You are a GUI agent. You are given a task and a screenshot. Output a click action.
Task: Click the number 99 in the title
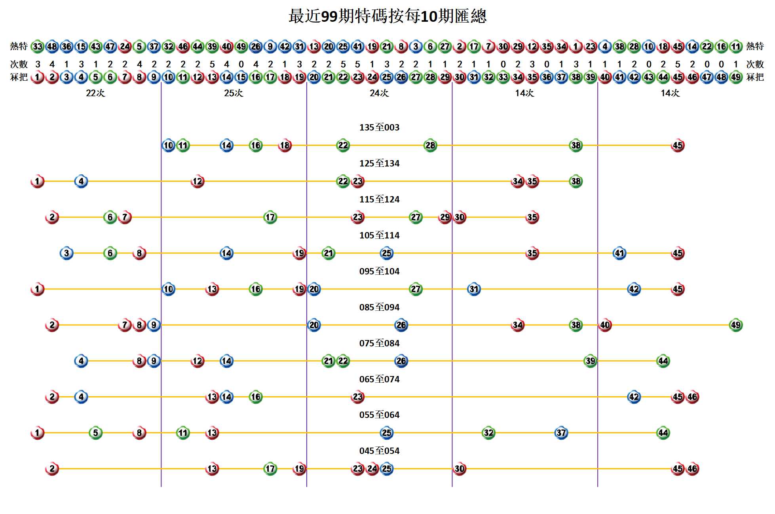pos(329,17)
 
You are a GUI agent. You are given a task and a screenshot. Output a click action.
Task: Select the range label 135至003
pos(379,127)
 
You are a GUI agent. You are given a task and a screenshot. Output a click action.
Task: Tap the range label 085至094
pos(379,307)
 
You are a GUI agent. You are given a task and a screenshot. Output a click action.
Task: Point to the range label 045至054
pos(379,451)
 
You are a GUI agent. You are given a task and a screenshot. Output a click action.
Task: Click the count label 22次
pos(95,93)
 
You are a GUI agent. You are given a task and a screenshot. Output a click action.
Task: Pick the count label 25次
pos(234,93)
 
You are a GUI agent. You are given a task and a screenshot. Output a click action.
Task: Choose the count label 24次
pos(379,93)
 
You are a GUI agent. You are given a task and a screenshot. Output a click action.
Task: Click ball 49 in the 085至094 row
pos(735,325)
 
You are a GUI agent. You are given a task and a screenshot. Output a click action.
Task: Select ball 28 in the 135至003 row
pos(430,146)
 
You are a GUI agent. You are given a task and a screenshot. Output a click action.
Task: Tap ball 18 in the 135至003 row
pos(285,146)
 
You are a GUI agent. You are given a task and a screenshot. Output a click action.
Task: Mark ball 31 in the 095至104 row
pos(474,289)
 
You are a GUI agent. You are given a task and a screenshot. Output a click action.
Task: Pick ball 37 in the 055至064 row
pos(561,433)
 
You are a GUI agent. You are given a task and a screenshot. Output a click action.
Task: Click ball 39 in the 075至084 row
pos(590,361)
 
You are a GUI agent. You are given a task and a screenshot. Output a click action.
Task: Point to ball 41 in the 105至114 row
pos(619,253)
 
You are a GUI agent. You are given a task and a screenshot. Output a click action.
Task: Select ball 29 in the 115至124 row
pos(445,217)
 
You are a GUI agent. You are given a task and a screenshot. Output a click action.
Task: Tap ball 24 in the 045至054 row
pos(372,469)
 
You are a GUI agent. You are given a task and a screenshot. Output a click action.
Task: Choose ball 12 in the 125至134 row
pos(198,181)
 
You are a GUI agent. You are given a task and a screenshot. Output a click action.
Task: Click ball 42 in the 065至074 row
pos(634,397)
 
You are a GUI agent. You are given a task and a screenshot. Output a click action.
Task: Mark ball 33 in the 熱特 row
pos(38,46)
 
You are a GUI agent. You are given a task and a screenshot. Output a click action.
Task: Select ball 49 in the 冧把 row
pos(735,77)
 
